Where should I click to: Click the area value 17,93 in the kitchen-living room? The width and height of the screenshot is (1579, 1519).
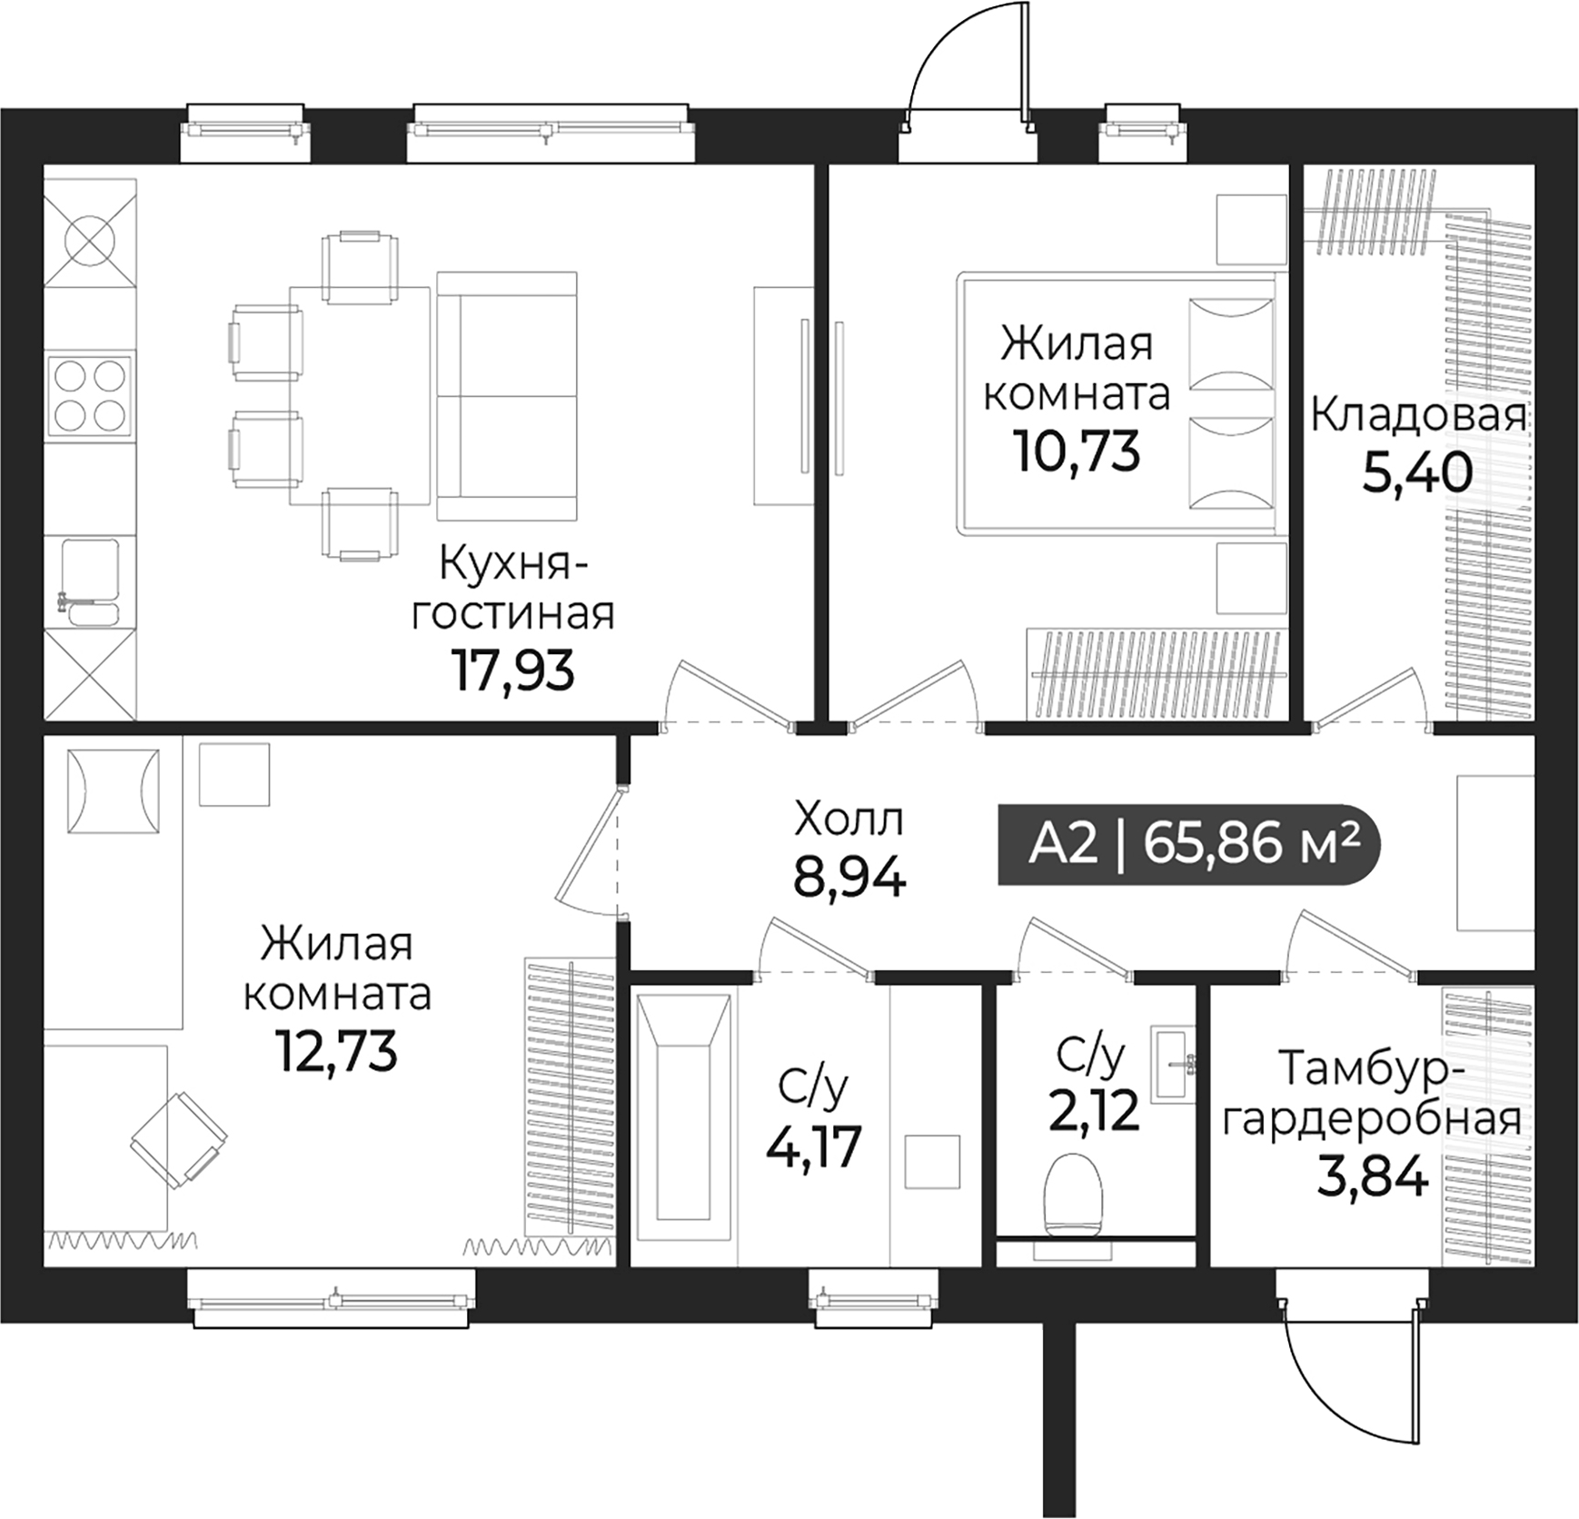pyautogui.click(x=512, y=671)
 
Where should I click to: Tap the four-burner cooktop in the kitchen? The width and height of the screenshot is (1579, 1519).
pyautogui.click(x=90, y=396)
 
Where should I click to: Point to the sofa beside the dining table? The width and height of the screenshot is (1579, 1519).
pyautogui.click(x=506, y=396)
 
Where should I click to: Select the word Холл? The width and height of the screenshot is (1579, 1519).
pyautogui.click(x=849, y=819)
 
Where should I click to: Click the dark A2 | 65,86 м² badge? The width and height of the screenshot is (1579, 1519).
pyautogui.click(x=1188, y=845)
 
